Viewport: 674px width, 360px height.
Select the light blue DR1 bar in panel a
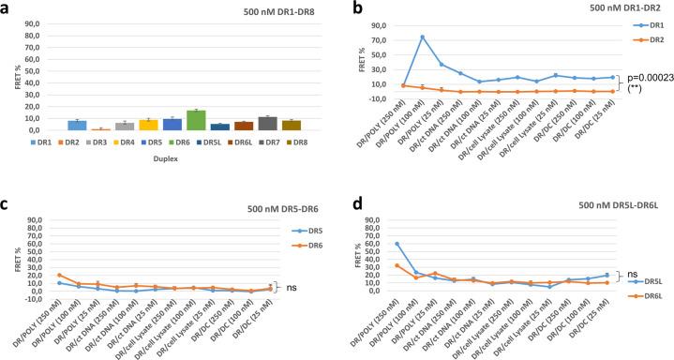pos(77,125)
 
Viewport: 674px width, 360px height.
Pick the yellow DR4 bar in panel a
pos(148,125)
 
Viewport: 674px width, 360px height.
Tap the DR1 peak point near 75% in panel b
pos(423,37)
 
